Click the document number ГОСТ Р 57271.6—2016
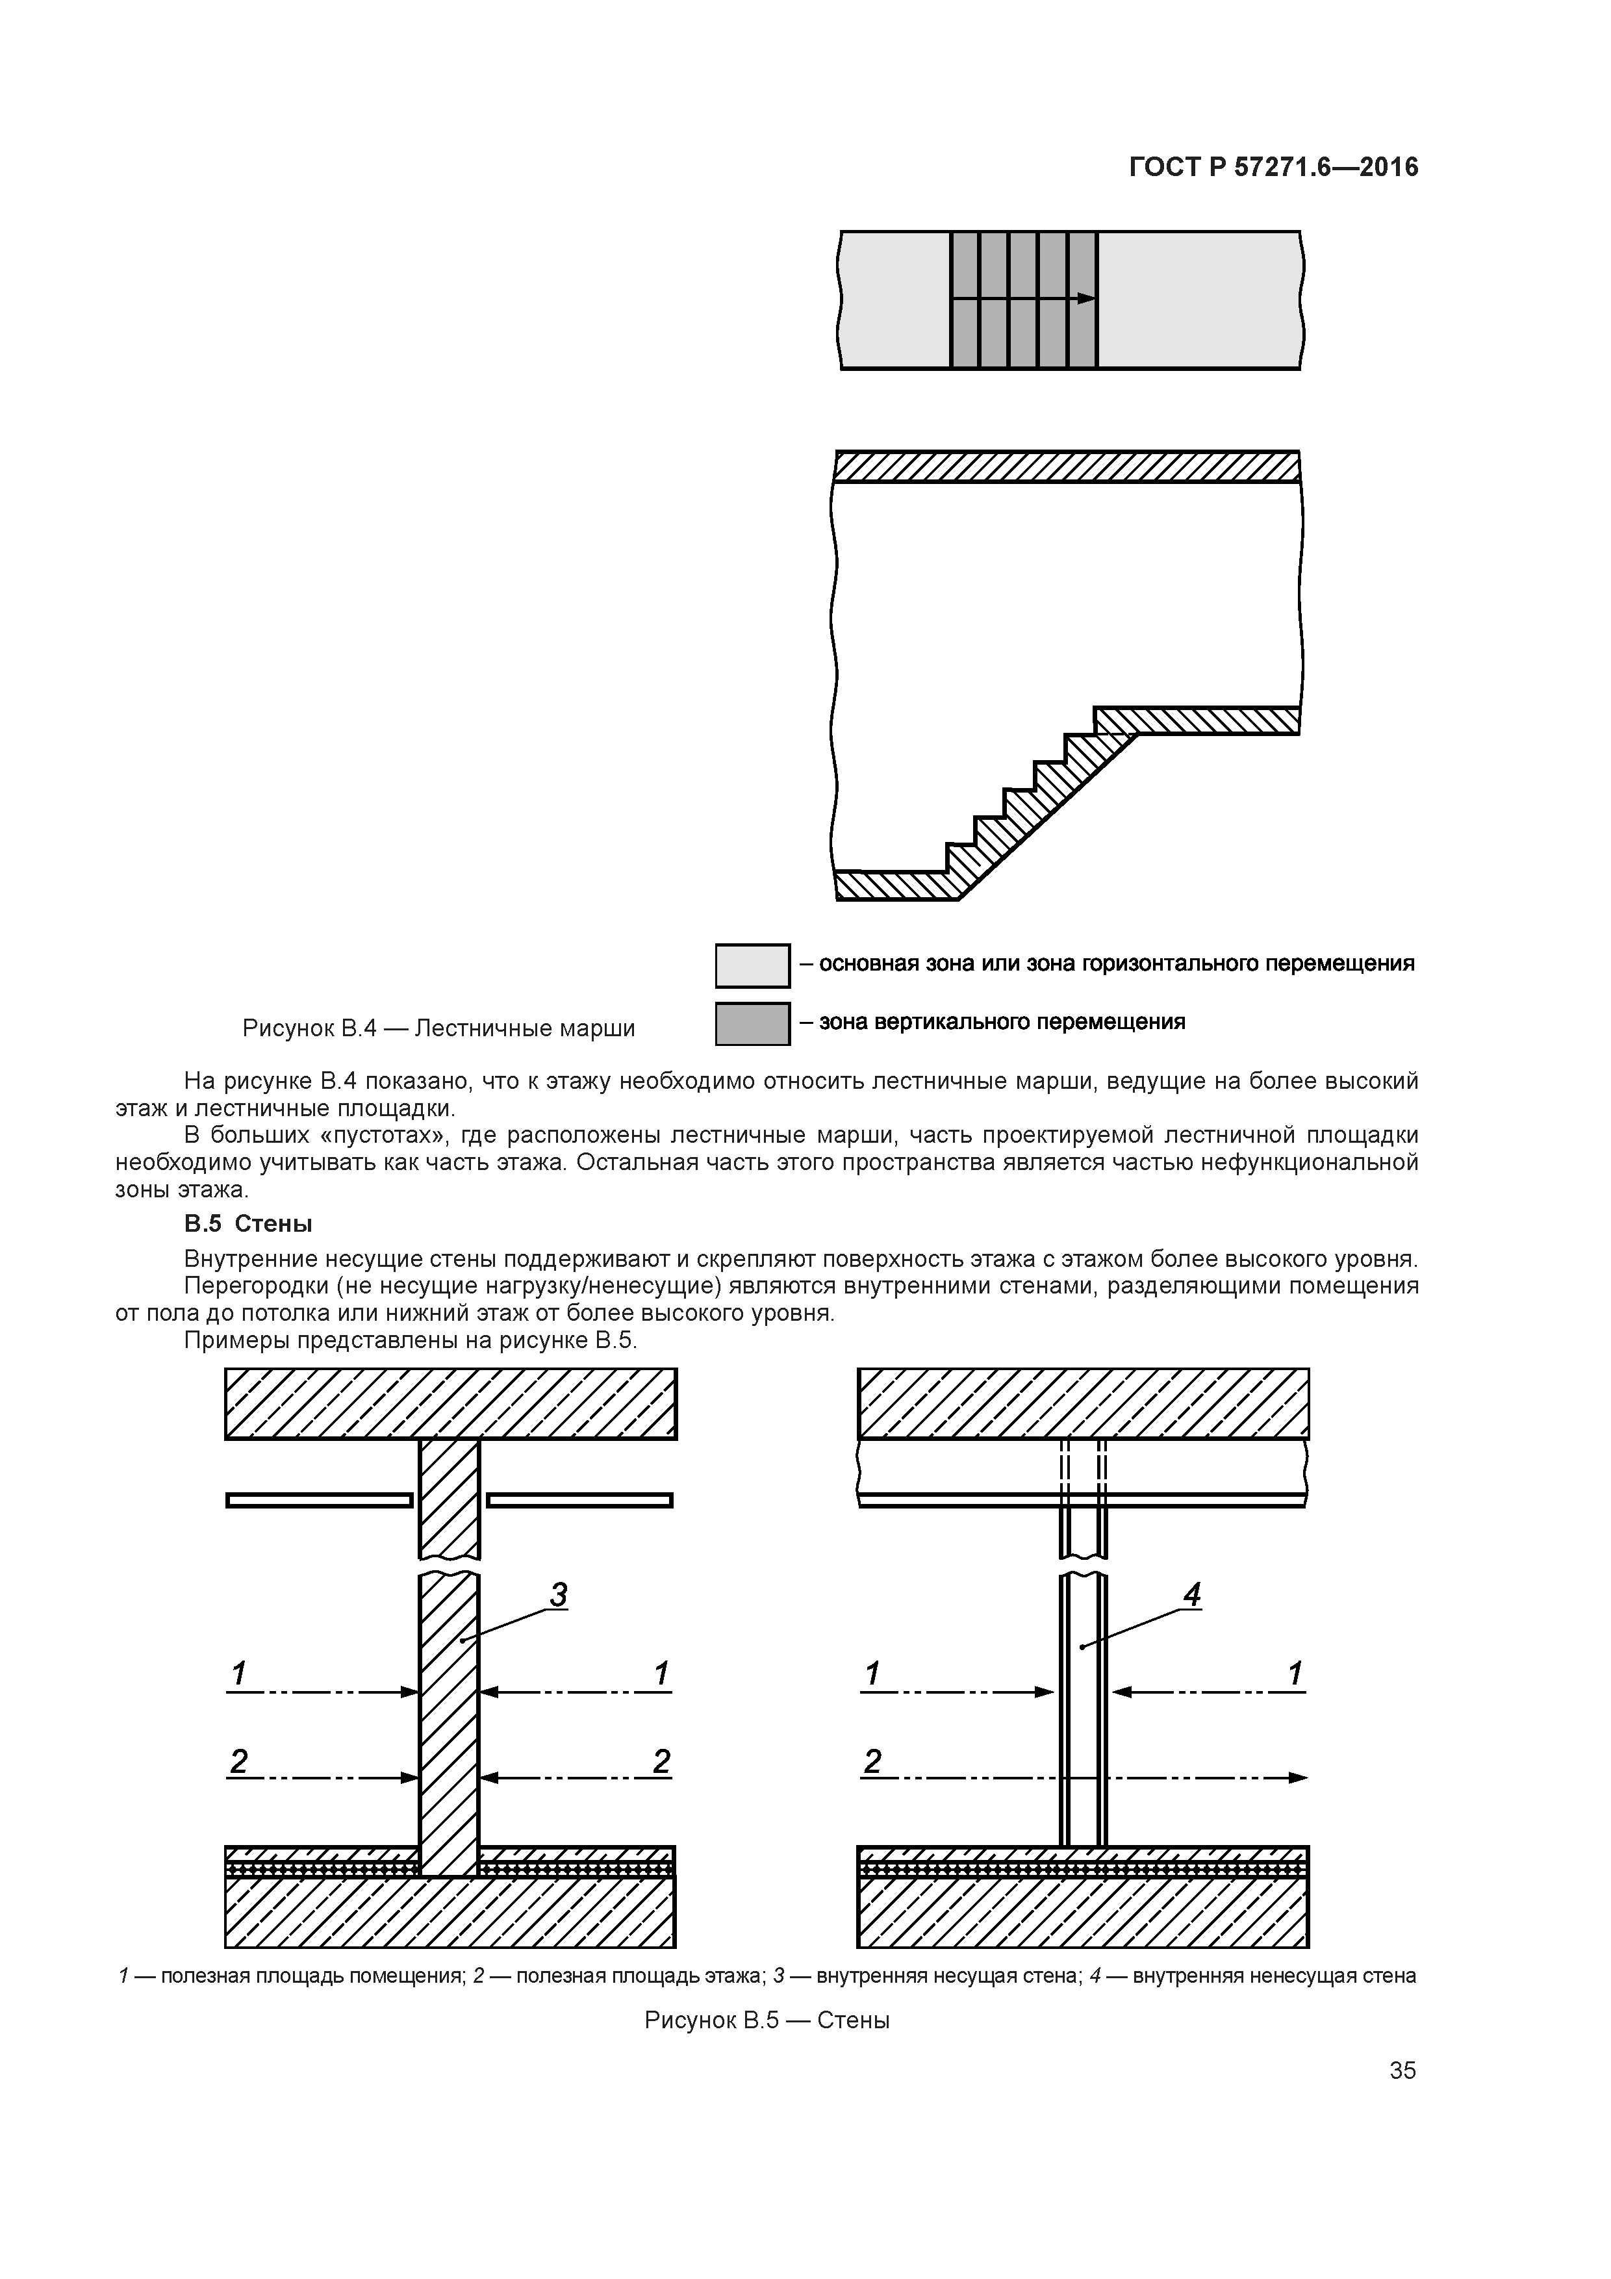(1273, 168)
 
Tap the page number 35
(1402, 2070)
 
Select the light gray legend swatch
(752, 966)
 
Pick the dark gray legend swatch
(752, 1023)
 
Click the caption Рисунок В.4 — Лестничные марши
(438, 1028)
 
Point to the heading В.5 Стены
(248, 1224)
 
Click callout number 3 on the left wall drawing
(559, 1594)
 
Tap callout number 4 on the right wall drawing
(1192, 1594)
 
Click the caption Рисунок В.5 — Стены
(767, 2020)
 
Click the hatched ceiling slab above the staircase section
(1067, 466)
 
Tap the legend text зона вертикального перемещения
(1002, 1021)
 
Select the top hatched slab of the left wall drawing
(451, 1403)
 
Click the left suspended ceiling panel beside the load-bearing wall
(320, 1500)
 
